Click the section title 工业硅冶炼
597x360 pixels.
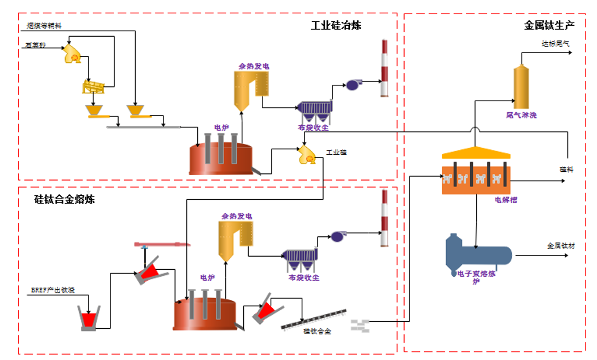[336, 25]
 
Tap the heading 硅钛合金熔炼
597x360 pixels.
[65, 199]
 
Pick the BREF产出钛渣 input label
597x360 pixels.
[54, 289]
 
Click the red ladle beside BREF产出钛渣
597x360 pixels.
[89, 318]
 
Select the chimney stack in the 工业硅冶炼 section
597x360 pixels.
[384, 68]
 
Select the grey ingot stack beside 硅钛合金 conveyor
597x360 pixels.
[360, 325]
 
